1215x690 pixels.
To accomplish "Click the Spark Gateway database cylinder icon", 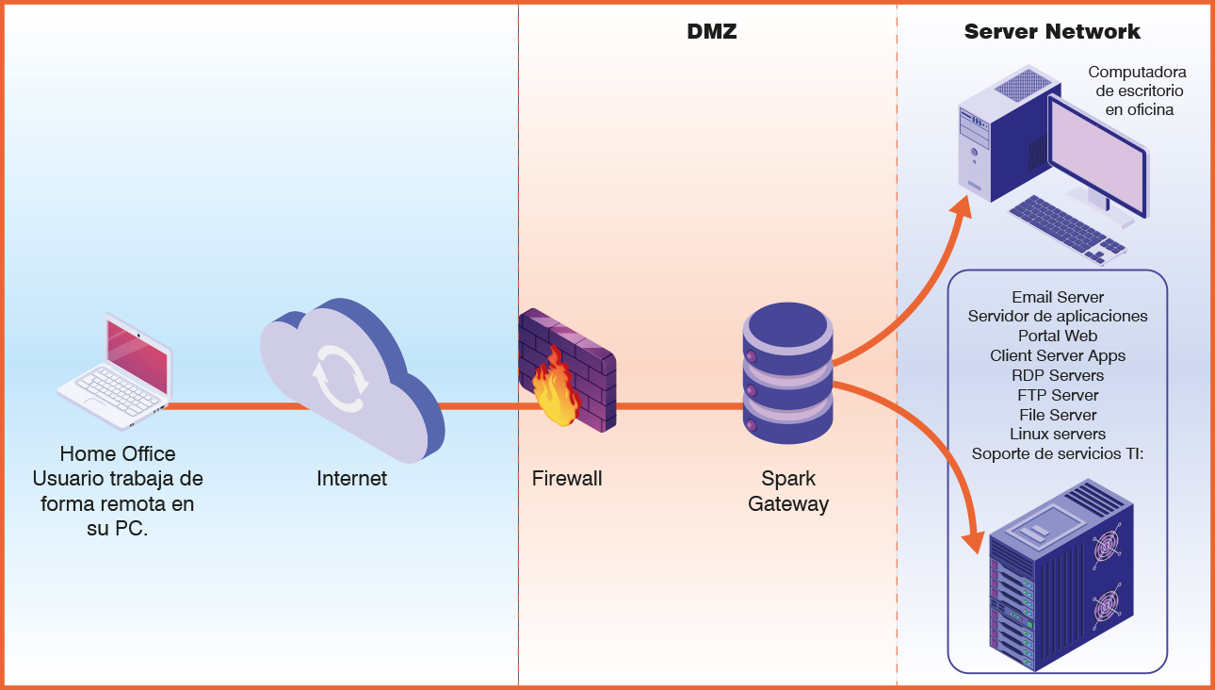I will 787,374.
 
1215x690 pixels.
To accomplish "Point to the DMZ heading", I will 711,32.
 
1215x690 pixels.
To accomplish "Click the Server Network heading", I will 1052,32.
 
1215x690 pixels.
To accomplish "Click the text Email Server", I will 1058,297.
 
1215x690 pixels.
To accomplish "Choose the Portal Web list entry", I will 1058,336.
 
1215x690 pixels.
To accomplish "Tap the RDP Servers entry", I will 1058,375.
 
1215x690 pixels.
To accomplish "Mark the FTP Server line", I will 1058,395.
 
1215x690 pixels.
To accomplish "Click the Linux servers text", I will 1058,435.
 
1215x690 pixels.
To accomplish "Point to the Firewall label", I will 567,479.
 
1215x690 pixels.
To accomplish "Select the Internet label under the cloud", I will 351,479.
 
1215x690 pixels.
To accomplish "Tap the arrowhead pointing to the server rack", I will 973,540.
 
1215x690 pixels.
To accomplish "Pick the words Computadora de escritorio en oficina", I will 1138,90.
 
